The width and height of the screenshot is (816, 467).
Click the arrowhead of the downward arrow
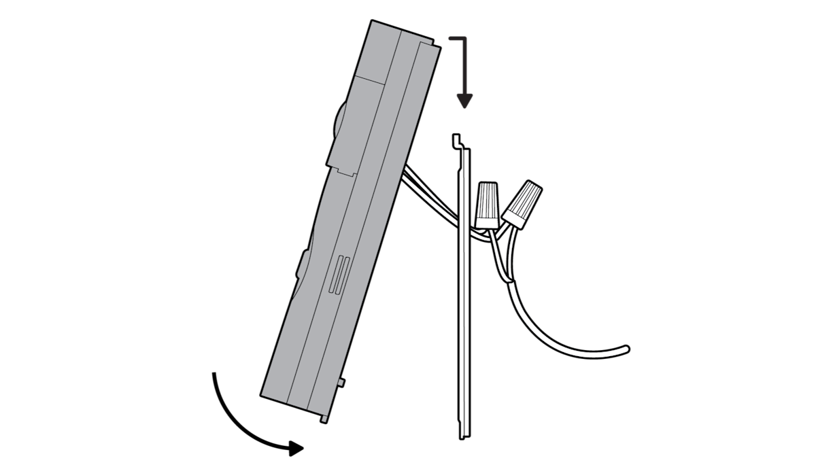point(464,101)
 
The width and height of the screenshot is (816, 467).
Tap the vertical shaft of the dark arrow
point(464,68)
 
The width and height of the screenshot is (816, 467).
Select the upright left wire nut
point(486,204)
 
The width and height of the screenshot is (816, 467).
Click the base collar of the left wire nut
point(486,220)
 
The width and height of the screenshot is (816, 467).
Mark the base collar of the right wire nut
point(513,218)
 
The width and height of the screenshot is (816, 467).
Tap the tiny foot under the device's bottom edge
point(324,419)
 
